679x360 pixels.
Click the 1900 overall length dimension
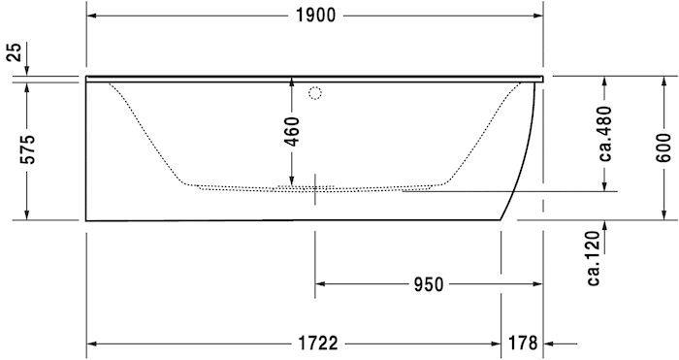314,15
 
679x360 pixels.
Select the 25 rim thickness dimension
14,52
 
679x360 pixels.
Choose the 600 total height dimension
663,147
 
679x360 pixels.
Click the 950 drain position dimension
428,284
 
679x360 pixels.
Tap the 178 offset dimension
522,344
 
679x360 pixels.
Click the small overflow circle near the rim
314,94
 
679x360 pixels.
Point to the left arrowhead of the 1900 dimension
92,15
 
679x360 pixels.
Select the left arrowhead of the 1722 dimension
92,344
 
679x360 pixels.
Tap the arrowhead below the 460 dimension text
292,180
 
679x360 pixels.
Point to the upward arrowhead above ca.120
604,226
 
